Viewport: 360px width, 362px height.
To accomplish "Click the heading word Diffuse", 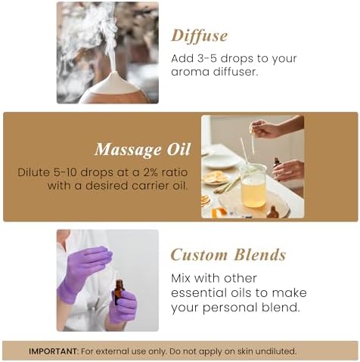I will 200,36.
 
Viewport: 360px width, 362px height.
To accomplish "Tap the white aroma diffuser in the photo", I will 113,88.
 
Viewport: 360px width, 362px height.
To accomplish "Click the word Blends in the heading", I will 260,254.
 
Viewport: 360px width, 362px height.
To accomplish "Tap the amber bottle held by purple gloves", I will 119,292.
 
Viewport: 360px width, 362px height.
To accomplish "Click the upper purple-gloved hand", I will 85,263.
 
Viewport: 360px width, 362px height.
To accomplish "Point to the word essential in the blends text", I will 197,292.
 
